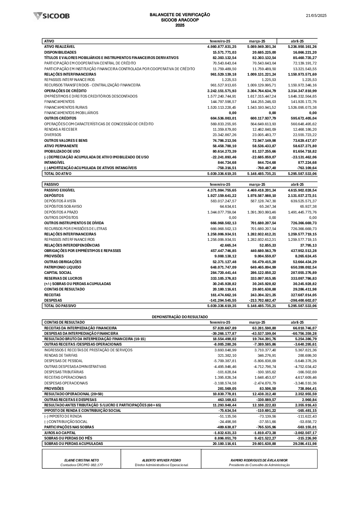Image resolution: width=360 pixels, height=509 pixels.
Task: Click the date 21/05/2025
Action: pyautogui.click(x=316, y=15)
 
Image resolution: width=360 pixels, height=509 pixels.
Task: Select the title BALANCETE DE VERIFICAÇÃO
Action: pyautogui.click(x=180, y=15)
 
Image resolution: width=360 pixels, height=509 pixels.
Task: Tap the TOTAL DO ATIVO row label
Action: pyautogui.click(x=58, y=174)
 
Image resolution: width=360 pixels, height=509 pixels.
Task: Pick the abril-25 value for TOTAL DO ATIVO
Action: pyautogui.click(x=302, y=174)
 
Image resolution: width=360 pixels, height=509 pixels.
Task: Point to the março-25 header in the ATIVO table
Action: pyautogui.click(x=257, y=41)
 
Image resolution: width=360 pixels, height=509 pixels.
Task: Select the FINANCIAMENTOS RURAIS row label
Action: pyautogui.click(x=65, y=107)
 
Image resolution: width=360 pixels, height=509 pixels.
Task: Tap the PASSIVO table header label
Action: pyautogui.click(x=51, y=184)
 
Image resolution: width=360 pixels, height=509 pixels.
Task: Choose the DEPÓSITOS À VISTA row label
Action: pyautogui.click(x=60, y=201)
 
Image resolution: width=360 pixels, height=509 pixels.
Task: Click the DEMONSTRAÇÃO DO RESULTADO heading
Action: pyautogui.click(x=180, y=317)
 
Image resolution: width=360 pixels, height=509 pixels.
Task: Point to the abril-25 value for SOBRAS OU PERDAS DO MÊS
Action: pyautogui.click(x=305, y=438)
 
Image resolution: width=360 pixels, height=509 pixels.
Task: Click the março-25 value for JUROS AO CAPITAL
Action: pyautogui.click(x=262, y=433)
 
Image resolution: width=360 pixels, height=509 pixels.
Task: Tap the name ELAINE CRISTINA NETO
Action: pyautogui.click(x=81, y=460)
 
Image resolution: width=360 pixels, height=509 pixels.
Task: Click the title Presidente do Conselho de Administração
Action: pyautogui.click(x=259, y=465)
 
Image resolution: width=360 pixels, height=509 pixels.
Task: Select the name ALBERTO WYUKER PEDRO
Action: pyautogui.click(x=161, y=460)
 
